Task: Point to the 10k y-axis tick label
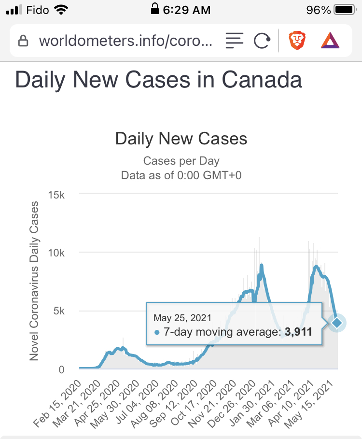(x=58, y=253)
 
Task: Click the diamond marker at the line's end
(x=337, y=322)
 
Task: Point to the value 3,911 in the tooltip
(x=298, y=332)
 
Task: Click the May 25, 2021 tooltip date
(x=182, y=318)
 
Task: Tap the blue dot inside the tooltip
(x=157, y=333)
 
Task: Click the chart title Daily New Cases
(x=181, y=139)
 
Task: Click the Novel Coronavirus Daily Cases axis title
(x=34, y=282)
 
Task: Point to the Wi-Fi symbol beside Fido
(x=61, y=9)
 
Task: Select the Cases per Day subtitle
(x=181, y=161)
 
